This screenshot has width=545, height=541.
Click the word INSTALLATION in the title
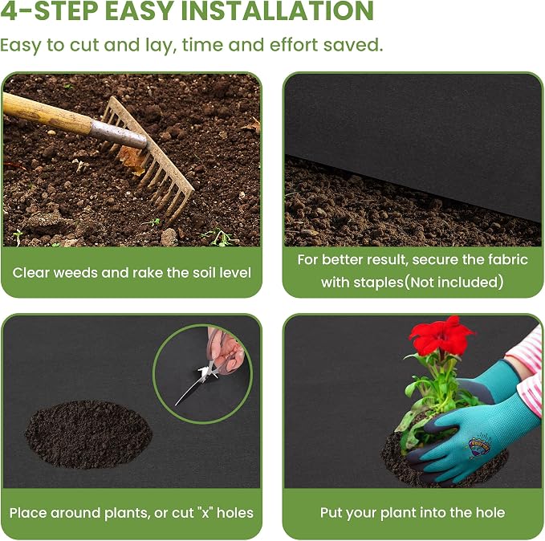click(x=278, y=10)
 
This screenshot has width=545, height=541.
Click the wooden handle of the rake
click(x=47, y=113)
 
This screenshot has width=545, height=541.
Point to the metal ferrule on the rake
click(x=119, y=134)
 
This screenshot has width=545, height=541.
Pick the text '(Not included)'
click(x=453, y=282)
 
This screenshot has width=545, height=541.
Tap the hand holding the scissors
click(x=226, y=351)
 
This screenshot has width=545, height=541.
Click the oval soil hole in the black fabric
click(x=88, y=434)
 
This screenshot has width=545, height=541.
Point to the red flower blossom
click(x=441, y=335)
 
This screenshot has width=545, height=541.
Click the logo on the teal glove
click(x=478, y=445)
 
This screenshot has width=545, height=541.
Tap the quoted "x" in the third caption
click(x=205, y=513)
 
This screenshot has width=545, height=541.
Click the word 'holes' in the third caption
click(x=235, y=513)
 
